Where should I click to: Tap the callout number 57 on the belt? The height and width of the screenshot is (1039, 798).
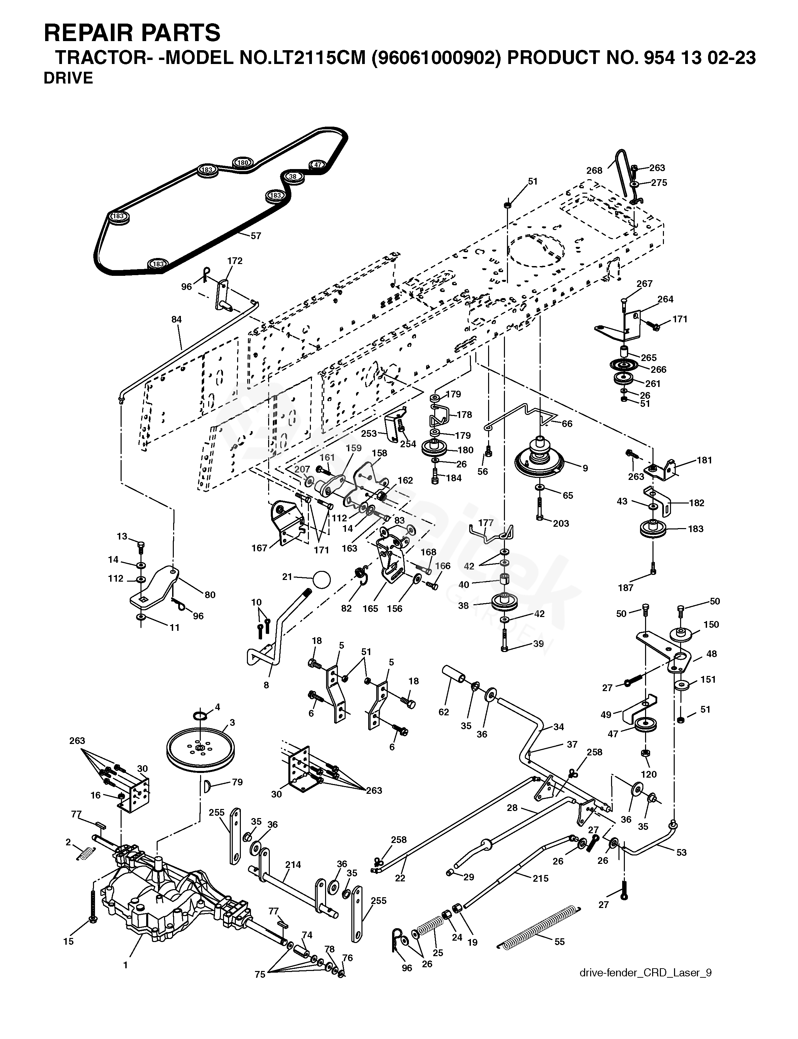(256, 235)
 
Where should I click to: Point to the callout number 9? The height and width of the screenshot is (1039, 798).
(585, 468)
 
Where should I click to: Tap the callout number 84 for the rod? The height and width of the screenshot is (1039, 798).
(176, 320)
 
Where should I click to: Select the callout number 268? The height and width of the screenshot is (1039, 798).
(594, 170)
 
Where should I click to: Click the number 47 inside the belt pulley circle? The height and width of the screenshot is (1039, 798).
(318, 165)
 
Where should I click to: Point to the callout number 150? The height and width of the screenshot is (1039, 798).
(711, 624)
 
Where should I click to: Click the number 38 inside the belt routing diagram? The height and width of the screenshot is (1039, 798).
(293, 177)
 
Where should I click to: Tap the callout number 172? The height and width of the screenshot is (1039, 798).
(235, 261)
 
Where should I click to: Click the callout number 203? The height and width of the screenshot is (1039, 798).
(561, 523)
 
